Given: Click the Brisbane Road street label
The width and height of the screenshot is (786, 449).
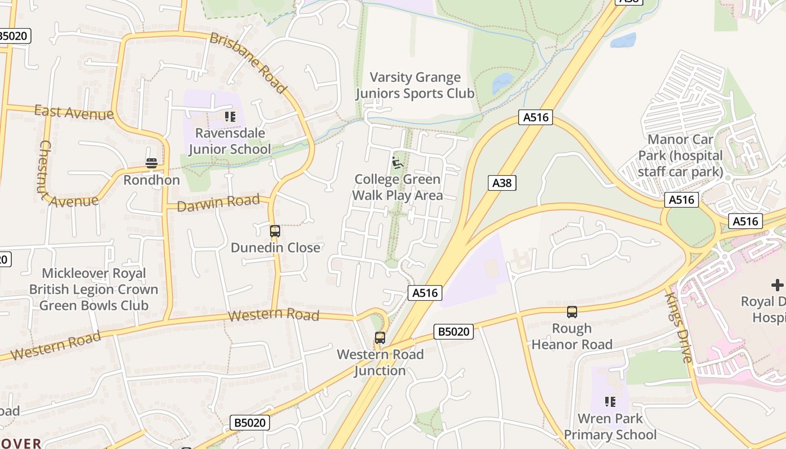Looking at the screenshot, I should [248, 62].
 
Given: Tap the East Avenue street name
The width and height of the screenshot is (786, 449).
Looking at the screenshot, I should [74, 112].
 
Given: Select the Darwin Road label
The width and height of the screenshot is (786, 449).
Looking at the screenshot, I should [218, 203].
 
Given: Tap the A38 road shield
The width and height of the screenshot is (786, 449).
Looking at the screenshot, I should [501, 182].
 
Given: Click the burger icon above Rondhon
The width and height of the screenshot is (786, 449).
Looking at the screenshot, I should [152, 163].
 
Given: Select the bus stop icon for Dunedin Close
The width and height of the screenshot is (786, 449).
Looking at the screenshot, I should [275, 231].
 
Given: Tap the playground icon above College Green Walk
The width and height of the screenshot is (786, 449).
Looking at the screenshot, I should [397, 163].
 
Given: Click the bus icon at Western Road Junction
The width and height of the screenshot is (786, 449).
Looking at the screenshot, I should [380, 338].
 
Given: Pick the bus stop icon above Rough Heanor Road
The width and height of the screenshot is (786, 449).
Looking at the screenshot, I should [572, 312].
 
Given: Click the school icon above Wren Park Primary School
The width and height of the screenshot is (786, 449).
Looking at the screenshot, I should [610, 402].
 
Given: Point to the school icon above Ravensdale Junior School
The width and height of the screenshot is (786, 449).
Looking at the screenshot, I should [230, 117].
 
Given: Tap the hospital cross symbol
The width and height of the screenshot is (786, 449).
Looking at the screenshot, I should [777, 285].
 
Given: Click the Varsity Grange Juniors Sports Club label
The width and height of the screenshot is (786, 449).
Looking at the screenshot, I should [415, 85].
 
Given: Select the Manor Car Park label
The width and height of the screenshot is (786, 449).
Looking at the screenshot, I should [680, 155].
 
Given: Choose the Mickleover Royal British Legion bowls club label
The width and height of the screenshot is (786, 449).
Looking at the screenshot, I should [94, 289].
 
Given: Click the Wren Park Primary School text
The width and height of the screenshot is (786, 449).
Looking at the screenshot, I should [610, 427].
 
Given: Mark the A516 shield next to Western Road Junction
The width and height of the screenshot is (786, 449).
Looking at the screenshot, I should [424, 292].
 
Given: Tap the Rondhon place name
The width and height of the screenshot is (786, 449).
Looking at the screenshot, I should [152, 180].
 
